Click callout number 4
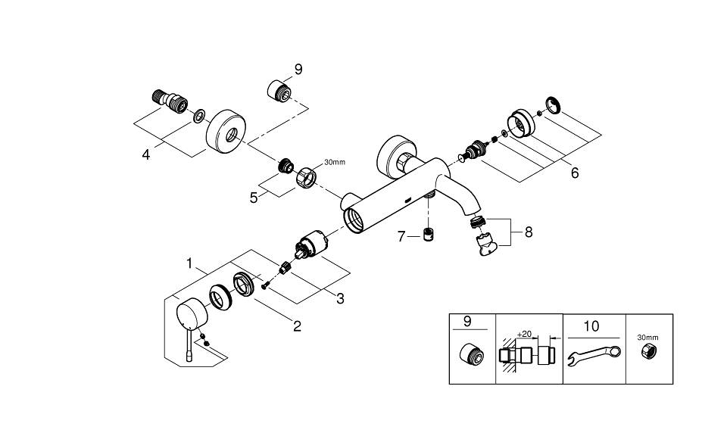(146, 154)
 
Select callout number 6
(575, 173)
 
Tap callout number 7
(401, 237)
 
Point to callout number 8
(529, 232)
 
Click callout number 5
(254, 198)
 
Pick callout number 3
(340, 299)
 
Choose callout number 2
(297, 325)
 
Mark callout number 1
(189, 263)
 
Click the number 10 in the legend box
(591, 326)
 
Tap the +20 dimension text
(524, 334)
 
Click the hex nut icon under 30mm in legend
(647, 350)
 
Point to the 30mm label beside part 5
(334, 162)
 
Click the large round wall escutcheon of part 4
(226, 131)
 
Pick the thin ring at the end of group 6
(553, 104)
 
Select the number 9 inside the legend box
(467, 322)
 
